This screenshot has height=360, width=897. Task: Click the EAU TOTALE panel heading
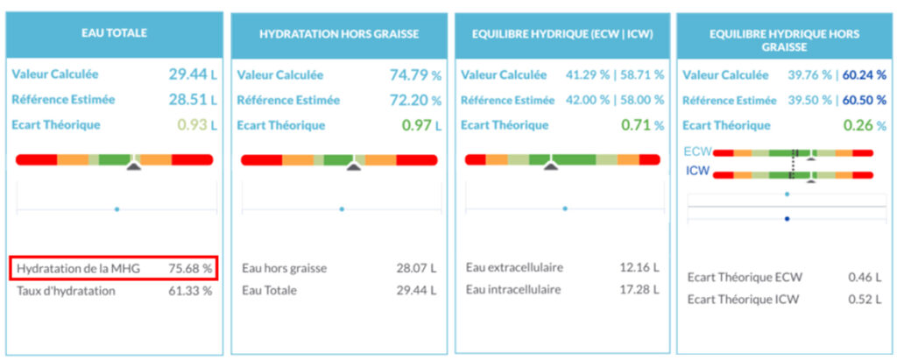(x=115, y=33)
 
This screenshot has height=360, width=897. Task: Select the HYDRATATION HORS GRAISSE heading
(x=339, y=33)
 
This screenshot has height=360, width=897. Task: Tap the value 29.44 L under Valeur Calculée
(x=191, y=74)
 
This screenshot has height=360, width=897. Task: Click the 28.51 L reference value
(x=191, y=99)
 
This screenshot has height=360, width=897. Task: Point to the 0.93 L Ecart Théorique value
(x=195, y=124)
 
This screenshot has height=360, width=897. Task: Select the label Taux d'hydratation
(x=67, y=291)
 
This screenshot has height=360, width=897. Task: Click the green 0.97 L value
(x=420, y=124)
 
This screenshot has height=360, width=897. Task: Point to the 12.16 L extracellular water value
(x=640, y=267)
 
